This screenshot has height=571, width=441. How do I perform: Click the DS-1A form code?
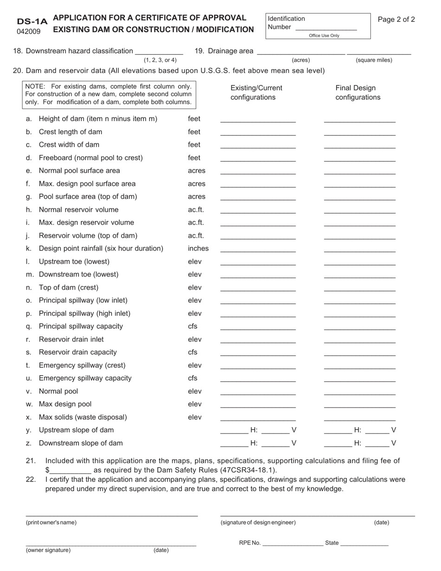(x=32, y=21)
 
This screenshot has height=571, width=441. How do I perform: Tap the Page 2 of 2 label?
(x=396, y=19)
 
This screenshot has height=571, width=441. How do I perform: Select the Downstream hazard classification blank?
(x=159, y=52)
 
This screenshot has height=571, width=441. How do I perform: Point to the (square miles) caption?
(x=374, y=60)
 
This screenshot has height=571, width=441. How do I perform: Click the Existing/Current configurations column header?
(x=256, y=93)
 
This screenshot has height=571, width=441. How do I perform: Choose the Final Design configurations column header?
(x=357, y=93)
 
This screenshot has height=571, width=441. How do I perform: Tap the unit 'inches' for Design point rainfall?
(x=198, y=248)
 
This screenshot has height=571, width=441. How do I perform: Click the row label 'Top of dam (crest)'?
(x=69, y=287)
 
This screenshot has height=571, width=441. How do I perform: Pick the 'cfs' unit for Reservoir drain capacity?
(x=193, y=352)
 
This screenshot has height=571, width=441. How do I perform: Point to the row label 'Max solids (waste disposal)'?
(x=83, y=417)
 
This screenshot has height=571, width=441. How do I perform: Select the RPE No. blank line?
(x=292, y=544)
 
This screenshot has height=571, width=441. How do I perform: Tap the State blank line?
(x=364, y=544)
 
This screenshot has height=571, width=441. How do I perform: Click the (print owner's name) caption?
(x=51, y=522)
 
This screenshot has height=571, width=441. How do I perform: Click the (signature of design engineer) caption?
(x=258, y=522)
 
